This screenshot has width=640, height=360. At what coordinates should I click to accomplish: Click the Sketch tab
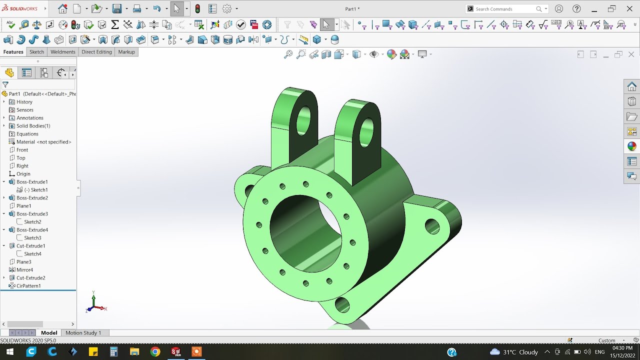click(36, 52)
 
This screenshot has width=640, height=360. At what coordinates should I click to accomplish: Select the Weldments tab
click(63, 52)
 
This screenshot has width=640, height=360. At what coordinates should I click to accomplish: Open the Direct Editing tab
click(96, 52)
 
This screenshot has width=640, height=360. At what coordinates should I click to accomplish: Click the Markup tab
click(126, 52)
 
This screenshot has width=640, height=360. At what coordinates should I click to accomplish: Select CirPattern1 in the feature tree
click(28, 286)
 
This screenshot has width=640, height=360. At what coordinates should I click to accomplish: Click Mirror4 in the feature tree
click(24, 270)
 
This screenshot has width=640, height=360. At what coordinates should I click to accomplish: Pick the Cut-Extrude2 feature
click(30, 278)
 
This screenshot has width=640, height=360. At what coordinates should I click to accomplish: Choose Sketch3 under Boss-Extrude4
click(32, 238)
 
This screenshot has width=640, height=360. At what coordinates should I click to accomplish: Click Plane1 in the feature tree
click(23, 206)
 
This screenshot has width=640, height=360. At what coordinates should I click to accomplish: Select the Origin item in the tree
click(23, 174)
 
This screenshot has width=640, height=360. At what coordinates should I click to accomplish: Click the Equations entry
click(27, 134)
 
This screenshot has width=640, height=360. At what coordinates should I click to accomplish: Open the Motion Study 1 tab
click(83, 333)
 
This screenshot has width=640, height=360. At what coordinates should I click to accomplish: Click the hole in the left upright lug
click(303, 120)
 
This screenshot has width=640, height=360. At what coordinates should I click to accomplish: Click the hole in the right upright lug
click(366, 131)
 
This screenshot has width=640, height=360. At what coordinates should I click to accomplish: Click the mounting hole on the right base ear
click(432, 226)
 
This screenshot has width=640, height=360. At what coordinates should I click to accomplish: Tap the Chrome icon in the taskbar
click(155, 352)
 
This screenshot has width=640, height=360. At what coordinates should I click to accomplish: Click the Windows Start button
click(9, 352)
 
